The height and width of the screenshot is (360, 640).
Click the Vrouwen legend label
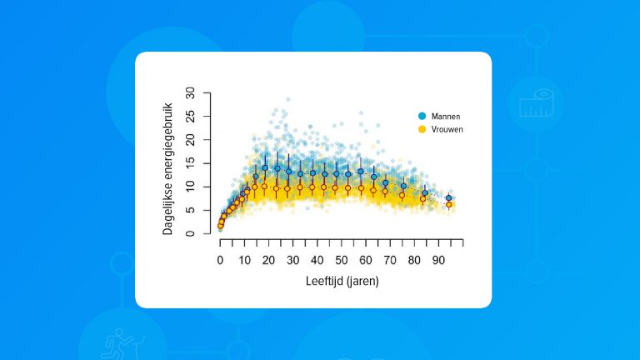[447, 130]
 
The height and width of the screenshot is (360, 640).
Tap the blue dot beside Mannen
[422, 117]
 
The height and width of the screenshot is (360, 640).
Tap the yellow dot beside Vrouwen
[422, 130]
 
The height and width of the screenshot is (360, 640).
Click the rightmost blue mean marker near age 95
[449, 197]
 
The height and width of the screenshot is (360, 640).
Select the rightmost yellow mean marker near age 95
[449, 205]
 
